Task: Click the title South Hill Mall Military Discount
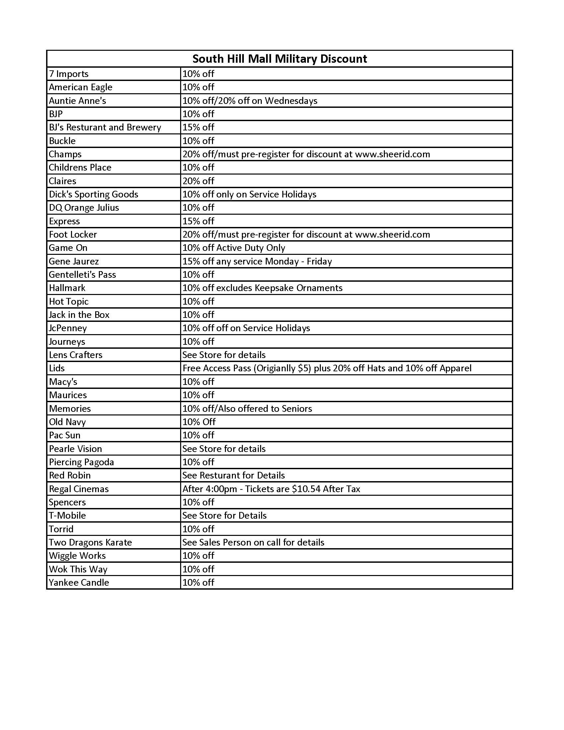tap(280, 59)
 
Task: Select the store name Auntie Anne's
tap(78, 101)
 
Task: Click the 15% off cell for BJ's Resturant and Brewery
tap(198, 127)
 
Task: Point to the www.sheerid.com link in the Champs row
tap(392, 154)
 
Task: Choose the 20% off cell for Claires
tap(198, 181)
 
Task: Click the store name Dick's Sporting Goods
tap(94, 194)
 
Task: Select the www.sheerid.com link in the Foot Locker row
tap(392, 234)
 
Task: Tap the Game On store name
tap(68, 248)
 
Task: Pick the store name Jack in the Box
tap(79, 315)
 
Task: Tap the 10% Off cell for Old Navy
tap(199, 422)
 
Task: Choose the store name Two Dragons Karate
tap(90, 542)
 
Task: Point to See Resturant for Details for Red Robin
tap(234, 475)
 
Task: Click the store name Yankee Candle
tap(79, 582)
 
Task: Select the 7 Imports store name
tap(69, 74)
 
